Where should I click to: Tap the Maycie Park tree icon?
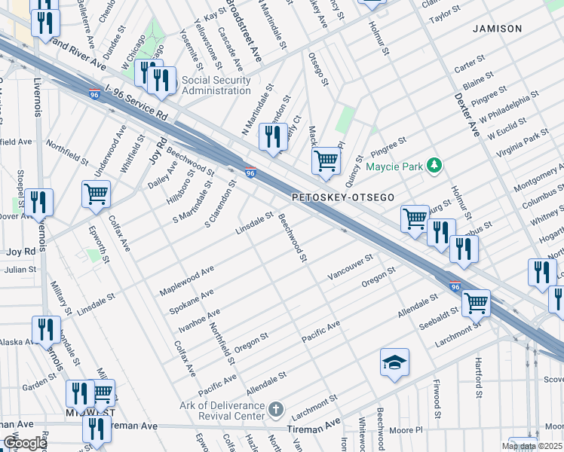pyautogui.click(x=434, y=164)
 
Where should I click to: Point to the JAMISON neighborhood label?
pyautogui.click(x=497, y=29)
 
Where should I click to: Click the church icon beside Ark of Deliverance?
pyautogui.click(x=276, y=409)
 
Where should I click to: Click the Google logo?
pyautogui.click(x=25, y=443)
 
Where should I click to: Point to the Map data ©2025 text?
pyautogui.click(x=532, y=447)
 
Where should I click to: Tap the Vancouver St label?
pyautogui.click(x=350, y=267)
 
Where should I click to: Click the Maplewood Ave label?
pyautogui.click(x=187, y=279)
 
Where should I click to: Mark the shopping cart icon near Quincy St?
pyautogui.click(x=326, y=160)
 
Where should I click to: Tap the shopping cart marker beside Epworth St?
pyautogui.click(x=97, y=194)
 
